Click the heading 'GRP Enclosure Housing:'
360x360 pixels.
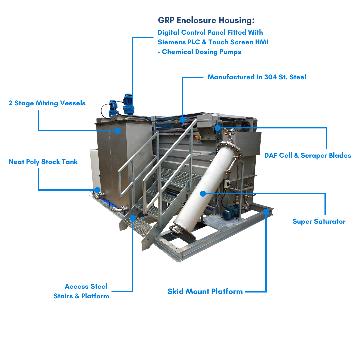point(206,20)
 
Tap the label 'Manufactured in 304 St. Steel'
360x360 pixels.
point(257,77)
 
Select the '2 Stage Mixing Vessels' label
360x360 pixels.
point(47,103)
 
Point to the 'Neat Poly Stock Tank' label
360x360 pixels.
point(43,162)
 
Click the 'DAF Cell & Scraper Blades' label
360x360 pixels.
point(307,155)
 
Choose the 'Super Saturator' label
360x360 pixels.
point(319,221)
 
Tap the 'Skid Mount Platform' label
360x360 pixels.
point(205,291)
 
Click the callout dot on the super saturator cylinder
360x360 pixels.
point(202,193)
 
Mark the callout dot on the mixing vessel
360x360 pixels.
point(118,131)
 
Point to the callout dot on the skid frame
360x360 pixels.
point(266,211)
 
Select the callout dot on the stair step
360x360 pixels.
point(132,218)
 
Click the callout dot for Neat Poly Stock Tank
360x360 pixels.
point(97,190)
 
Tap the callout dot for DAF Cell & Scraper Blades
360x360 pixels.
point(218,127)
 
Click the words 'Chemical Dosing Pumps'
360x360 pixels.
point(201,52)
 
